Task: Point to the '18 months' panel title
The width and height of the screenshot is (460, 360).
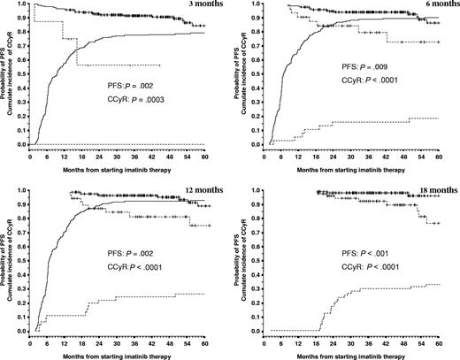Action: click(433, 191)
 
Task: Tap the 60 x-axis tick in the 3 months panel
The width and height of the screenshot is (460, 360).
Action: click(204, 153)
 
